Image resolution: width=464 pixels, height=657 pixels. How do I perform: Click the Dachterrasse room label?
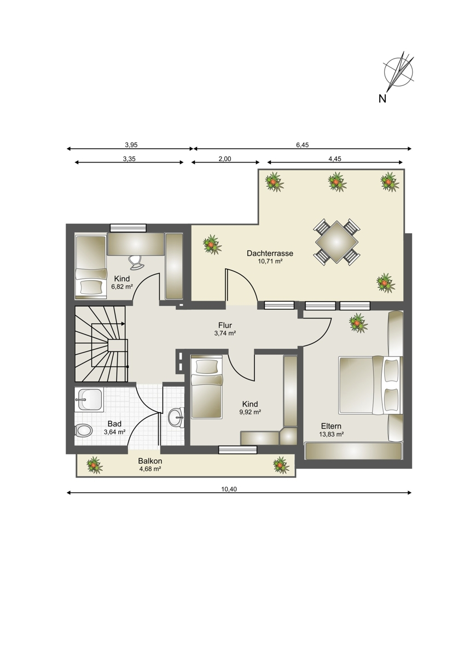270,253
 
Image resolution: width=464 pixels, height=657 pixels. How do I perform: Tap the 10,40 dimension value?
229,489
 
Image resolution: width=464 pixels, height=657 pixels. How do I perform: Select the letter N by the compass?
382,99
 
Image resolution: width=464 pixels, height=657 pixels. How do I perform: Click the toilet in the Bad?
84,431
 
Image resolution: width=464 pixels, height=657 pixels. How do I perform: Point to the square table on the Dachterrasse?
337,242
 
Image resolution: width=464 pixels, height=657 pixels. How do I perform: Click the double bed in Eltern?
371,385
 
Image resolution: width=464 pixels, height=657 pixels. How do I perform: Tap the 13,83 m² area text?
331,434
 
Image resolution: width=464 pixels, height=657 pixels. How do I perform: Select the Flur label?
225,325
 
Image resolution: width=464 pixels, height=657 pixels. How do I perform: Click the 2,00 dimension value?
225,159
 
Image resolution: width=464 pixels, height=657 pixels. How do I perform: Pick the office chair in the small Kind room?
136,261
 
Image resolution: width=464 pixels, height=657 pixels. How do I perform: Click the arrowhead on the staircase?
123,324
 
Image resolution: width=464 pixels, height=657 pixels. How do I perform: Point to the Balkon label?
150,462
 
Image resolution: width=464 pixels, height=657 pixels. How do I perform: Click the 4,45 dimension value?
335,159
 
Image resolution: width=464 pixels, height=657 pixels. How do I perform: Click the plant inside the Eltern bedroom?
358,322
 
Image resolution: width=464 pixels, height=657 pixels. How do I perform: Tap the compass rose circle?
398,72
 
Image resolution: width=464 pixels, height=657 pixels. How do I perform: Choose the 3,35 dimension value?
129,159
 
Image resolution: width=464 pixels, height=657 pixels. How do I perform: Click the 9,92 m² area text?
250,412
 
